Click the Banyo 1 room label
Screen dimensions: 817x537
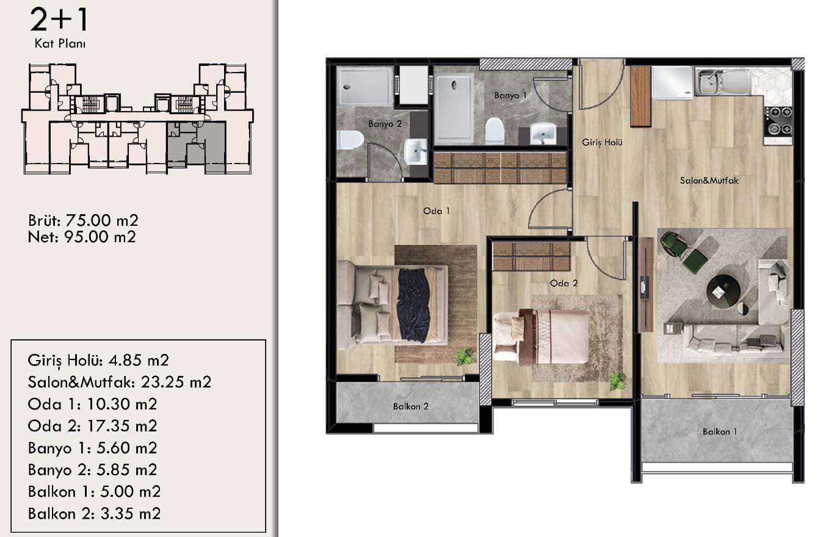coord(510,96)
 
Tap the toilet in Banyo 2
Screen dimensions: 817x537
coord(350,140)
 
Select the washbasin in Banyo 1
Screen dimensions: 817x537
coord(543,134)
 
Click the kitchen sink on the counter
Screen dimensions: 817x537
coord(724,82)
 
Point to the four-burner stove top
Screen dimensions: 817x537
coord(778,120)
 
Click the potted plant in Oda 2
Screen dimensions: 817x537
coord(617,381)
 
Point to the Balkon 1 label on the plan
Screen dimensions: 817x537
coord(720,431)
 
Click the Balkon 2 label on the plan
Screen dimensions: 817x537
coord(411,406)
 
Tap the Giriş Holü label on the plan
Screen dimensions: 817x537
coord(602,143)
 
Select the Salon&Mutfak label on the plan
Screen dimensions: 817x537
coord(709,181)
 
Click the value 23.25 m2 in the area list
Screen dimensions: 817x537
coord(176,382)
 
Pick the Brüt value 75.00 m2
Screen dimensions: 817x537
coord(102,220)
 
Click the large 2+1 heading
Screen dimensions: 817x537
coord(59,20)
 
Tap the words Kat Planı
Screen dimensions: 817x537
coord(60,44)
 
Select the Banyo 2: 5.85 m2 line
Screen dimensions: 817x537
coord(93,469)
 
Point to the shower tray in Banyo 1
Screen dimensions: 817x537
coord(454,109)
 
